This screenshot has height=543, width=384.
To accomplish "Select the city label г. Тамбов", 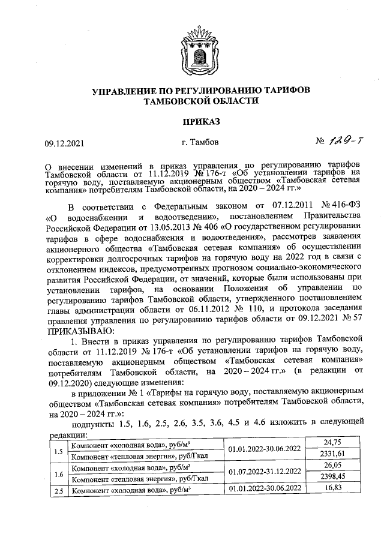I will pyautogui.click(x=199, y=143).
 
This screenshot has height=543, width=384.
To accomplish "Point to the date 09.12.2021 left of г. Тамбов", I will pyautogui.click(x=66, y=143).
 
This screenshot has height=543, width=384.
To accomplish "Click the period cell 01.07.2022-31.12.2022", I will pyautogui.click(x=265, y=472).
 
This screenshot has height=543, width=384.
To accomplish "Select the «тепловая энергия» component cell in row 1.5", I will pyautogui.click(x=140, y=455).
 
